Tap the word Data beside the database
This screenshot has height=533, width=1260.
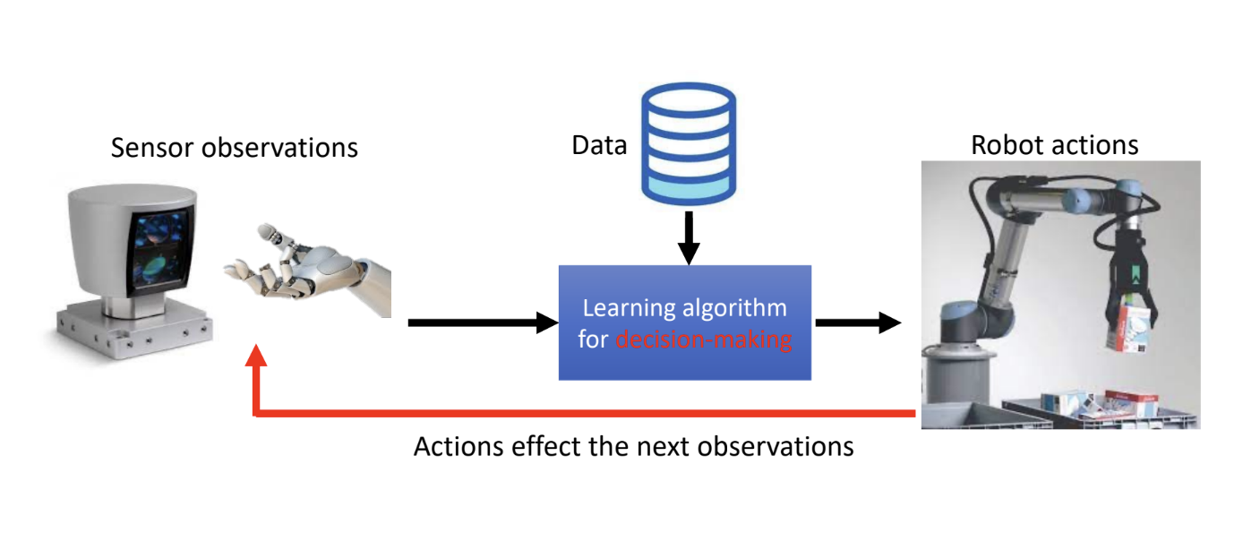coord(599,145)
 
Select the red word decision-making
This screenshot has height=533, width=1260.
coord(704,340)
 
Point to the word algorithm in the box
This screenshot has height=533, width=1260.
coord(739,308)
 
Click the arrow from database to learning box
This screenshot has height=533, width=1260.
coord(688,237)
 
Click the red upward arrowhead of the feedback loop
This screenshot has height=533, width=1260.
coord(256,357)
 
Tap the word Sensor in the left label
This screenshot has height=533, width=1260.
coord(152,147)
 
